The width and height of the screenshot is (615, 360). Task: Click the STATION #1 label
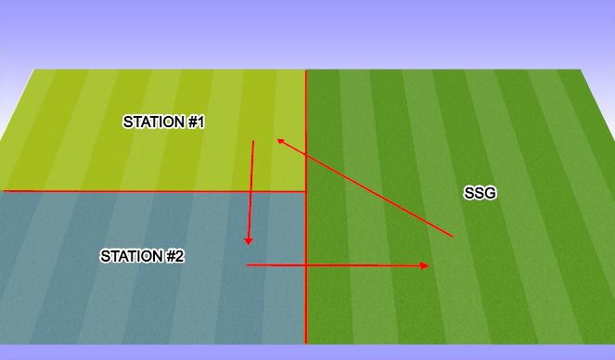click(x=163, y=122)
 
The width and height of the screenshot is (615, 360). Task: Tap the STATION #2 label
click(x=142, y=256)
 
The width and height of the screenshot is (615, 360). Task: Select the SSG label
click(x=480, y=193)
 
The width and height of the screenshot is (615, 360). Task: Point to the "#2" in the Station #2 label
click(x=173, y=256)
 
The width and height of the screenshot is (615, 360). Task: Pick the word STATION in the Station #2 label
click(x=130, y=256)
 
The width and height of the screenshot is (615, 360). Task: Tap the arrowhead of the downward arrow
click(x=248, y=243)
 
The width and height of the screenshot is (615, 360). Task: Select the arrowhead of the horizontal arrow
click(x=428, y=265)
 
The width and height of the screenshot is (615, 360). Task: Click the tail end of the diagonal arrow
click(x=453, y=238)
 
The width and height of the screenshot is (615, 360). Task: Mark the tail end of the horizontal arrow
click(x=247, y=265)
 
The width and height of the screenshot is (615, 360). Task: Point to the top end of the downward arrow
click(x=253, y=141)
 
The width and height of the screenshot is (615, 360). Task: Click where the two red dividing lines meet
click(x=306, y=191)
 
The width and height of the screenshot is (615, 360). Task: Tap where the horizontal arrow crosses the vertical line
click(x=306, y=265)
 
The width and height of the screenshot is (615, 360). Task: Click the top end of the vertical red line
click(x=306, y=71)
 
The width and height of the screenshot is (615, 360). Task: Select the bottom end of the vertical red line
click(x=306, y=343)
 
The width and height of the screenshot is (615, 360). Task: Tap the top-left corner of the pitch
click(x=35, y=71)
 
